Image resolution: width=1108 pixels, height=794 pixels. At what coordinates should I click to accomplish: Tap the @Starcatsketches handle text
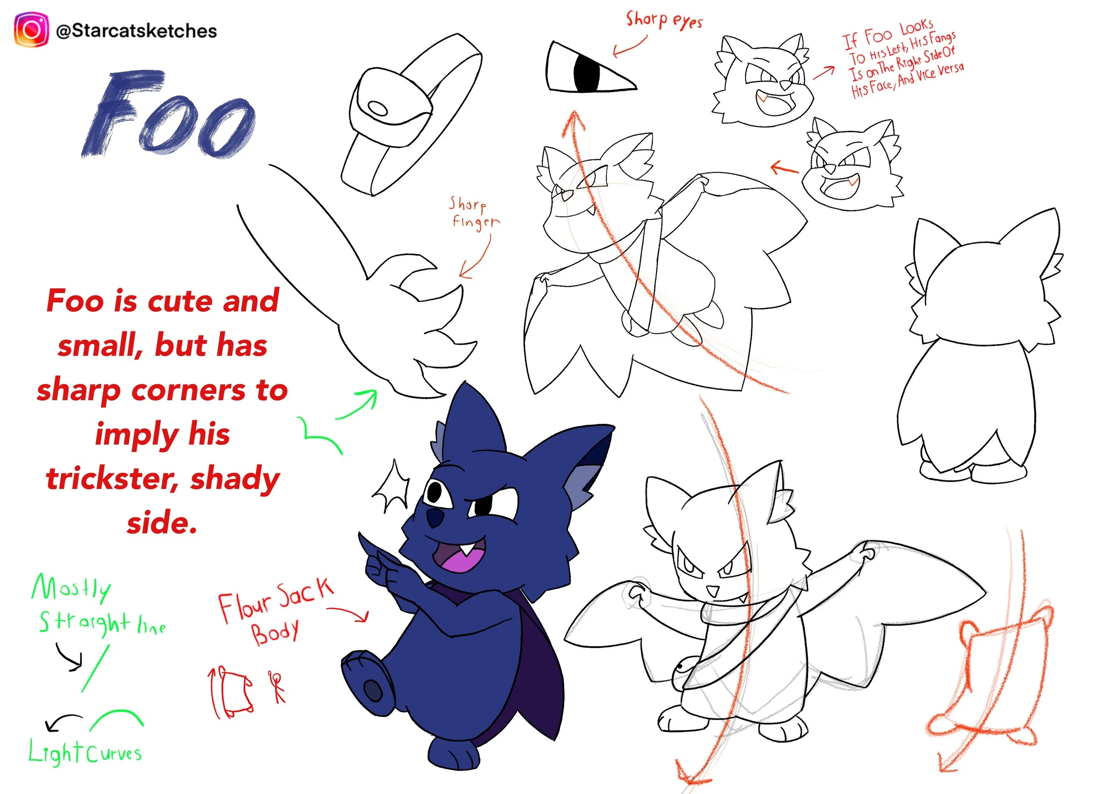[137, 31]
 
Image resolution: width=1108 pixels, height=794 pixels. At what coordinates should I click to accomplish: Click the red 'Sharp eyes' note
[664, 20]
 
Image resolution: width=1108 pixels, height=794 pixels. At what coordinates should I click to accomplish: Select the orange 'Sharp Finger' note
[474, 212]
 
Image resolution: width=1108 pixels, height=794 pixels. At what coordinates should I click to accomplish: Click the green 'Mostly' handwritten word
[71, 588]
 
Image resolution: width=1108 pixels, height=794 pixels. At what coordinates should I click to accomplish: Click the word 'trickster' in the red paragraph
[112, 479]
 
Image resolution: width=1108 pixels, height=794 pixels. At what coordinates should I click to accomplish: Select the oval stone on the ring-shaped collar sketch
[377, 108]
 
